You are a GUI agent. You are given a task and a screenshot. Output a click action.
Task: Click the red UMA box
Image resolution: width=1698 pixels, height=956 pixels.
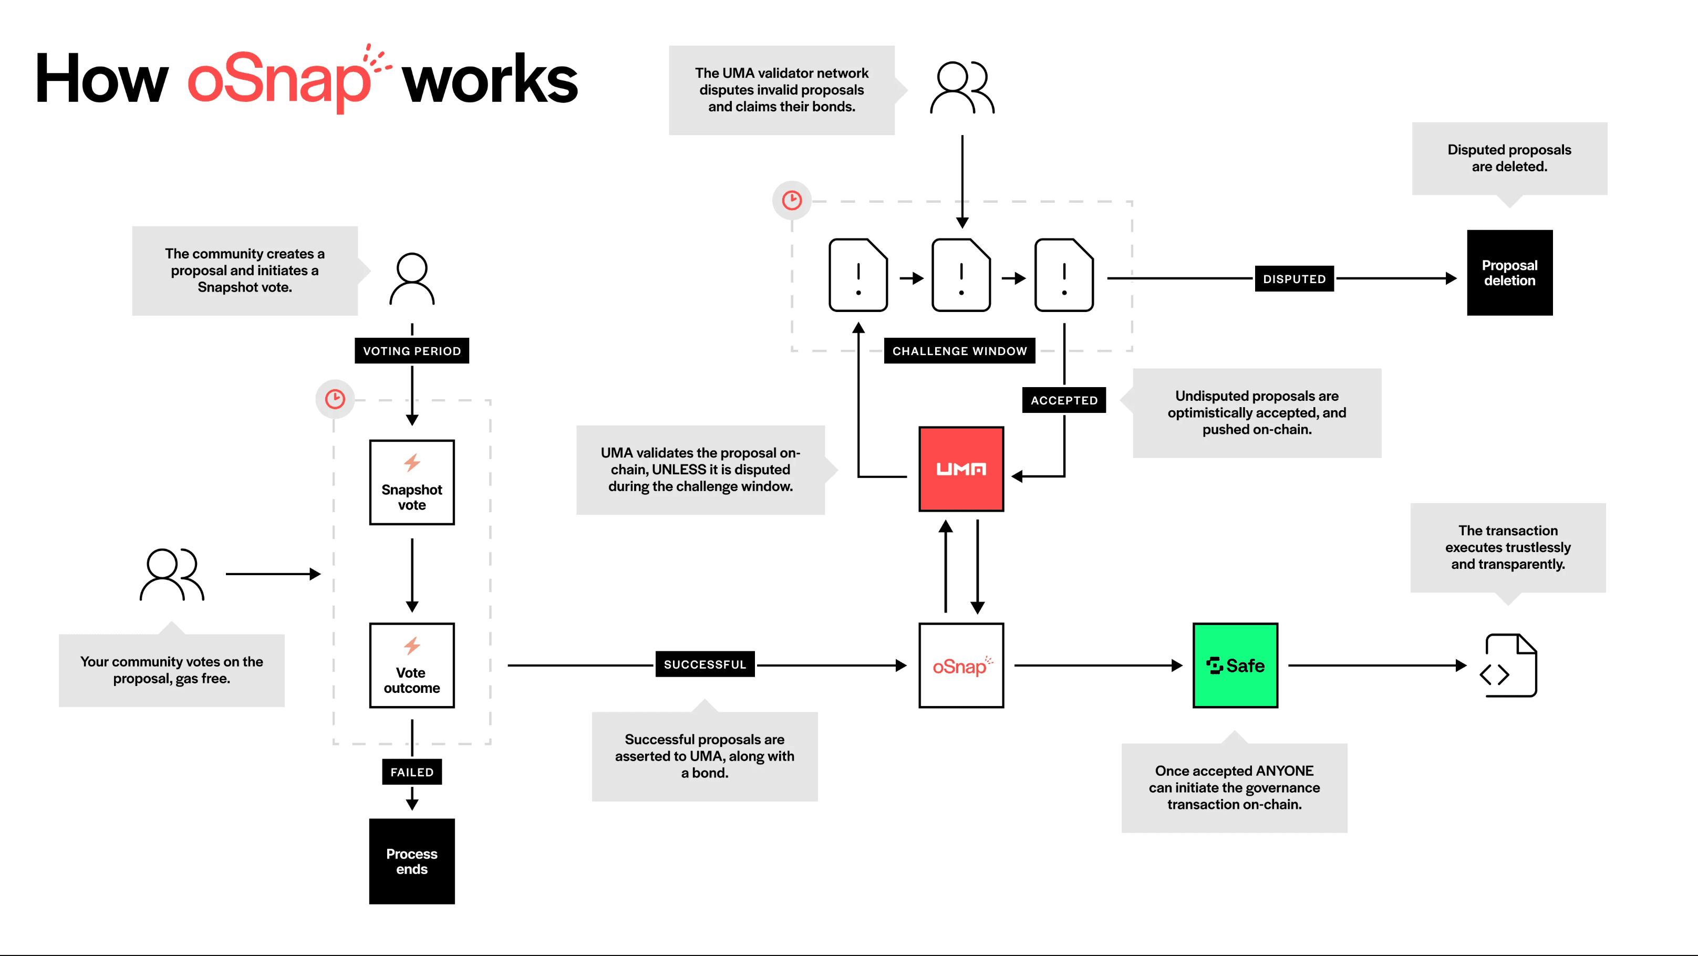pyautogui.click(x=961, y=469)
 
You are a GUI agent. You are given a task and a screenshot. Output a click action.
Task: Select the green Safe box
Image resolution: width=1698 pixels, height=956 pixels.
pyautogui.click(x=1235, y=666)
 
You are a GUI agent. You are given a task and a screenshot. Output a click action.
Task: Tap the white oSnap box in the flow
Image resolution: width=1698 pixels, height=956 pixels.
pyautogui.click(x=961, y=666)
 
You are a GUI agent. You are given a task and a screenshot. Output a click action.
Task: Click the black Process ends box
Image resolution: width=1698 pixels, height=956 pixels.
pyautogui.click(x=412, y=861)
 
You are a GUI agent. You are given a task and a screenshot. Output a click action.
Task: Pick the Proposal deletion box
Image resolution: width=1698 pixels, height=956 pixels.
pyautogui.click(x=1509, y=273)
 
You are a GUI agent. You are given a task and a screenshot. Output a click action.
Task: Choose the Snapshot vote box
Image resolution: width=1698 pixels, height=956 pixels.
pyautogui.click(x=412, y=482)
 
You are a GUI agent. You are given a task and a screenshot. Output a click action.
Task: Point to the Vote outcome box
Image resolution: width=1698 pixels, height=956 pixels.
pyautogui.click(x=412, y=666)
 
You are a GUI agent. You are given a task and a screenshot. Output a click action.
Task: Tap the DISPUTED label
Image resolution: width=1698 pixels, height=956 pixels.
pyautogui.click(x=1294, y=279)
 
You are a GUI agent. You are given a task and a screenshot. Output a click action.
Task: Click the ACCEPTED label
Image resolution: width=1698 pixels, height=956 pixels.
pyautogui.click(x=1064, y=400)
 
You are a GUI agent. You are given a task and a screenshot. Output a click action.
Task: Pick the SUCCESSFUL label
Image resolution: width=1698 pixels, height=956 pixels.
pyautogui.click(x=705, y=664)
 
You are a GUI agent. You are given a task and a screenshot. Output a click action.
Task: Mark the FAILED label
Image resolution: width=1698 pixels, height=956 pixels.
pyautogui.click(x=412, y=772)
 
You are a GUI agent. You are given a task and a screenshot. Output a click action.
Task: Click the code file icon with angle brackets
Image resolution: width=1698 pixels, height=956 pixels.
pyautogui.click(x=1509, y=666)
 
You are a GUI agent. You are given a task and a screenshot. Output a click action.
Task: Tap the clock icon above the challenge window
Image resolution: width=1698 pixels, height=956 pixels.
pyautogui.click(x=792, y=200)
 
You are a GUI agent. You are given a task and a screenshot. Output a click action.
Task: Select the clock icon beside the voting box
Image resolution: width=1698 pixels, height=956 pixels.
pyautogui.click(x=335, y=399)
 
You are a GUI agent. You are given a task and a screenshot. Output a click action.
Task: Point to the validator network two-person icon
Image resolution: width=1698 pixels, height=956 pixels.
pyautogui.click(x=962, y=88)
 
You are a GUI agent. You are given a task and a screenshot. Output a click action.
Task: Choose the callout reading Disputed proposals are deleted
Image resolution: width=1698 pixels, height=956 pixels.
pyautogui.click(x=1509, y=158)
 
